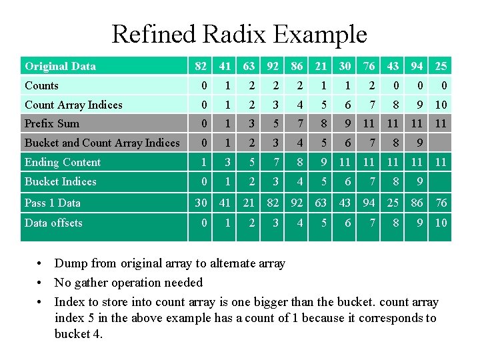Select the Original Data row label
point(60,66)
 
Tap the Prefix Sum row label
point(52,123)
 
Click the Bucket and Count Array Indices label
point(102,143)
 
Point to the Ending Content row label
point(63,162)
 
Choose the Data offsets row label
point(53,223)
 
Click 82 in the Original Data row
point(200,66)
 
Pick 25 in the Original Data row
point(441,66)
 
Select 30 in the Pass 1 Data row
point(200,203)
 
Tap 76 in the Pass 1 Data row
point(441,203)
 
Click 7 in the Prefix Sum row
point(300,123)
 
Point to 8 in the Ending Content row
point(300,162)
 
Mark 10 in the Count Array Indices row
point(441,105)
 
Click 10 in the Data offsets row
point(441,223)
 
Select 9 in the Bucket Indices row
point(419,181)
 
